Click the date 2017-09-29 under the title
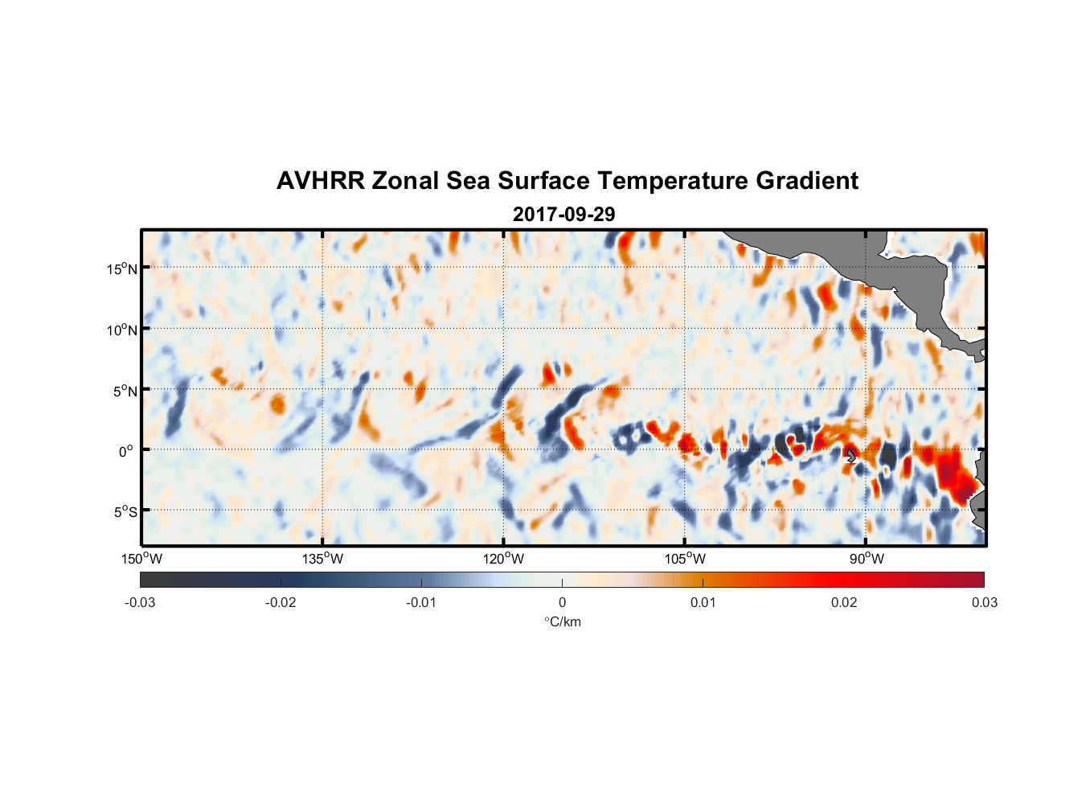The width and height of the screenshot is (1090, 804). tap(563, 215)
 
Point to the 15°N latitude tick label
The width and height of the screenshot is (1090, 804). tap(122, 269)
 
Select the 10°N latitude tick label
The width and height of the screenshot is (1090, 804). tap(122, 330)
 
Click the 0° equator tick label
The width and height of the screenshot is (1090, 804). tap(126, 451)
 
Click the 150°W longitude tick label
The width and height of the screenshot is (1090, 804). tap(141, 559)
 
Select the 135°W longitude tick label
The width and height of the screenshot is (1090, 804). tap(322, 559)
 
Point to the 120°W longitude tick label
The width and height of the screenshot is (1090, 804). tap(503, 559)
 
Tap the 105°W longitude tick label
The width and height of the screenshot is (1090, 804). tap(685, 559)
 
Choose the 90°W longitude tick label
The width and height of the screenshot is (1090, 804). tap(867, 559)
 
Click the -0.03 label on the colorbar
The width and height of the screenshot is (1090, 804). tap(140, 602)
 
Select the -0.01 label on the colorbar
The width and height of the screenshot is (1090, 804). tap(420, 602)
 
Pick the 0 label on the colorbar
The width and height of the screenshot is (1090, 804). tap(562, 602)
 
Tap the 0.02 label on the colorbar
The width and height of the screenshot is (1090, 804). tap(844, 602)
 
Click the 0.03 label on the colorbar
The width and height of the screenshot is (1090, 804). tap(984, 602)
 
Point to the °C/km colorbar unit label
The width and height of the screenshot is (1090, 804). tap(563, 621)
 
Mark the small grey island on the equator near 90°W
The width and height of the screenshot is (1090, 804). tap(850, 455)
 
